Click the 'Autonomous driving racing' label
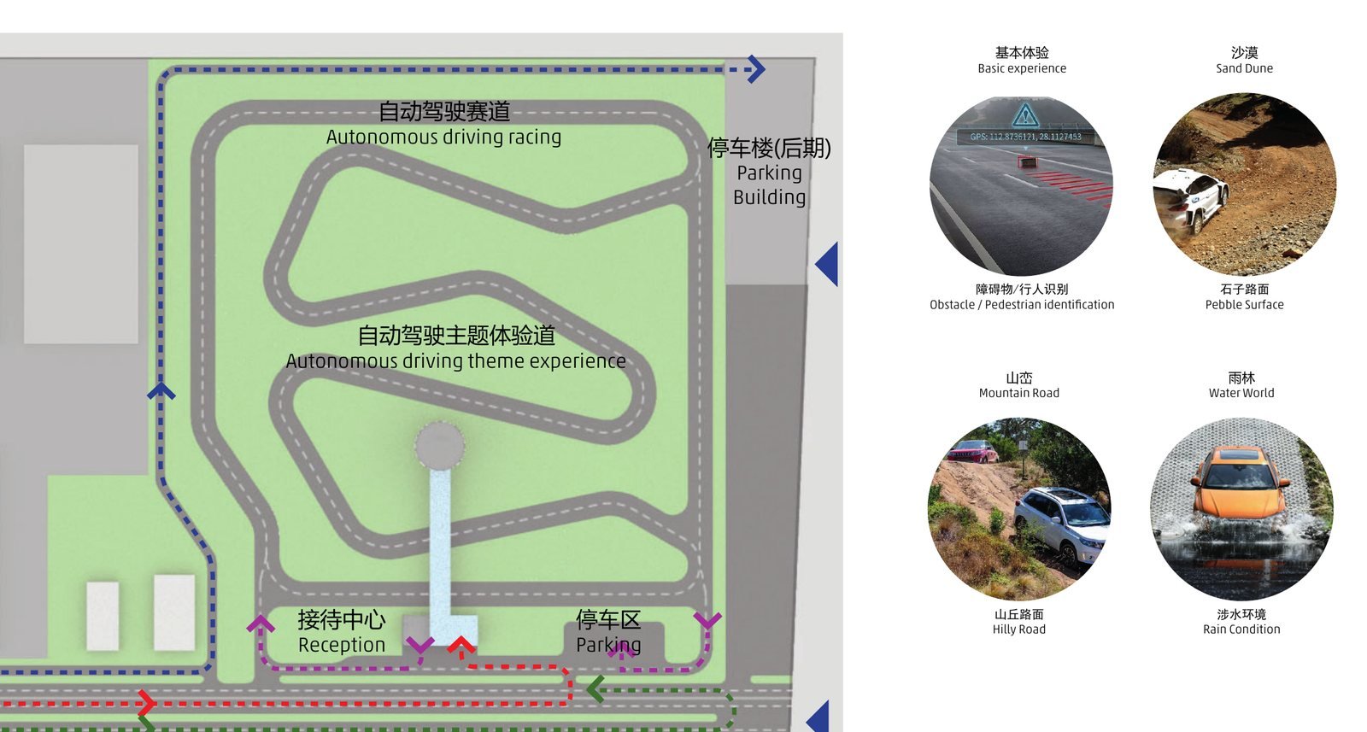pyautogui.click(x=443, y=138)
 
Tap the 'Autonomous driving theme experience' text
pyautogui.click(x=456, y=361)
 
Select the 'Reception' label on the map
pyautogui.click(x=342, y=645)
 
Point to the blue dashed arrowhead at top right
pyautogui.click(x=756, y=69)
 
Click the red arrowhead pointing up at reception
pyautogui.click(x=461, y=644)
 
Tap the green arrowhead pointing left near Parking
pyautogui.click(x=595, y=689)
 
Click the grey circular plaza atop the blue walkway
pyautogui.click(x=439, y=446)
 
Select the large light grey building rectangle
pyautogui.click(x=80, y=244)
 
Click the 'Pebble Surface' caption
pyautogui.click(x=1244, y=304)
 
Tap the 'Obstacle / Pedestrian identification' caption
pyautogui.click(x=1022, y=304)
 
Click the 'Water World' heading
pyautogui.click(x=1241, y=393)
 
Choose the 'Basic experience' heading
pyautogui.click(x=1022, y=68)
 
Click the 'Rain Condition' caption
pyautogui.click(x=1241, y=629)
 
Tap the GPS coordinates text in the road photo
pyautogui.click(x=1026, y=137)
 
